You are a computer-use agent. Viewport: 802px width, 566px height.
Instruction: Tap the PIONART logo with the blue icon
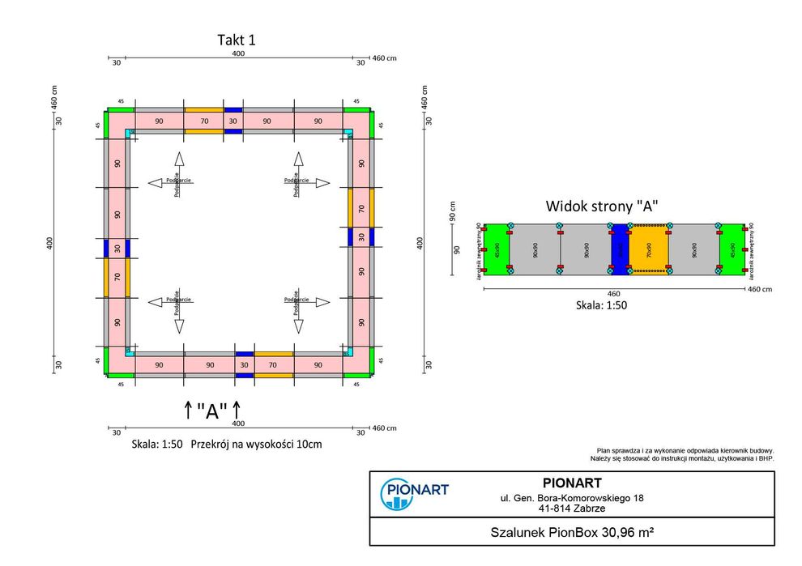pos(414,493)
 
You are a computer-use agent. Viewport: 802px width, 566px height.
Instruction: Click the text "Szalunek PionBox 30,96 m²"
pos(572,534)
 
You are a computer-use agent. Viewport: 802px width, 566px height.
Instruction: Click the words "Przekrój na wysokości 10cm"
pos(256,445)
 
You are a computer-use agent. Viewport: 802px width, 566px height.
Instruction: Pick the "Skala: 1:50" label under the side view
pos(601,305)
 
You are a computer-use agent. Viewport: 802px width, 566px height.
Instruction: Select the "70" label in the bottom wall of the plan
pos(274,365)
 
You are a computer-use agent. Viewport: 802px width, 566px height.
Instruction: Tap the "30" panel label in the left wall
pos(117,248)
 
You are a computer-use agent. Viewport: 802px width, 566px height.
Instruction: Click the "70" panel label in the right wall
pos(361,207)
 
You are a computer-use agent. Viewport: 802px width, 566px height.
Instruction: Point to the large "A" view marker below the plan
pos(212,411)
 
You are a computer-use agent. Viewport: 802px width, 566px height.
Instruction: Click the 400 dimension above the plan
pos(238,53)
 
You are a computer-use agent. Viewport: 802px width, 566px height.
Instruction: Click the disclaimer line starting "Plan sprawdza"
pos(685,450)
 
